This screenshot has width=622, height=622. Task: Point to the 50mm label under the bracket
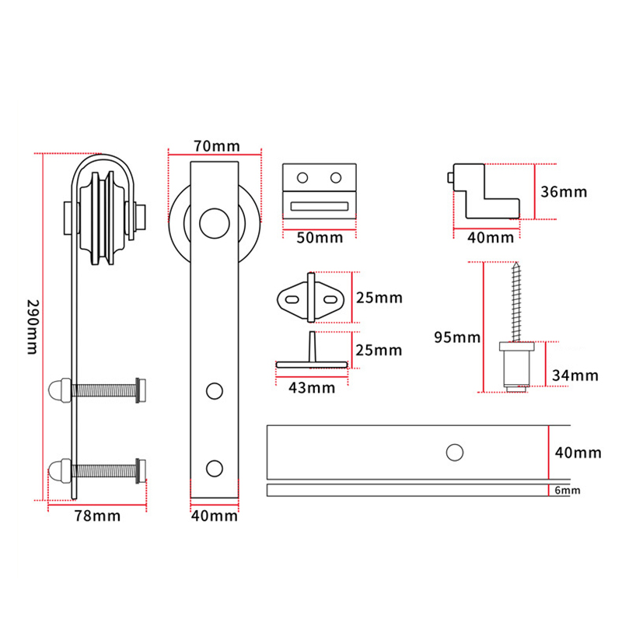click(x=319, y=237)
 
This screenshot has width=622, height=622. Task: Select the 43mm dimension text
click(x=313, y=387)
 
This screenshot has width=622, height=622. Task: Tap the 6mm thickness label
click(x=568, y=491)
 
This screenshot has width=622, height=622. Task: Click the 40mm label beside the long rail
click(x=577, y=452)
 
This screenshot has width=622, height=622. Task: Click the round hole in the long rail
click(x=453, y=451)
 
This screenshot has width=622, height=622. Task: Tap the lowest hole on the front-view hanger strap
click(x=213, y=466)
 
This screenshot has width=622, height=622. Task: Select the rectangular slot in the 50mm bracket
click(x=318, y=205)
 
